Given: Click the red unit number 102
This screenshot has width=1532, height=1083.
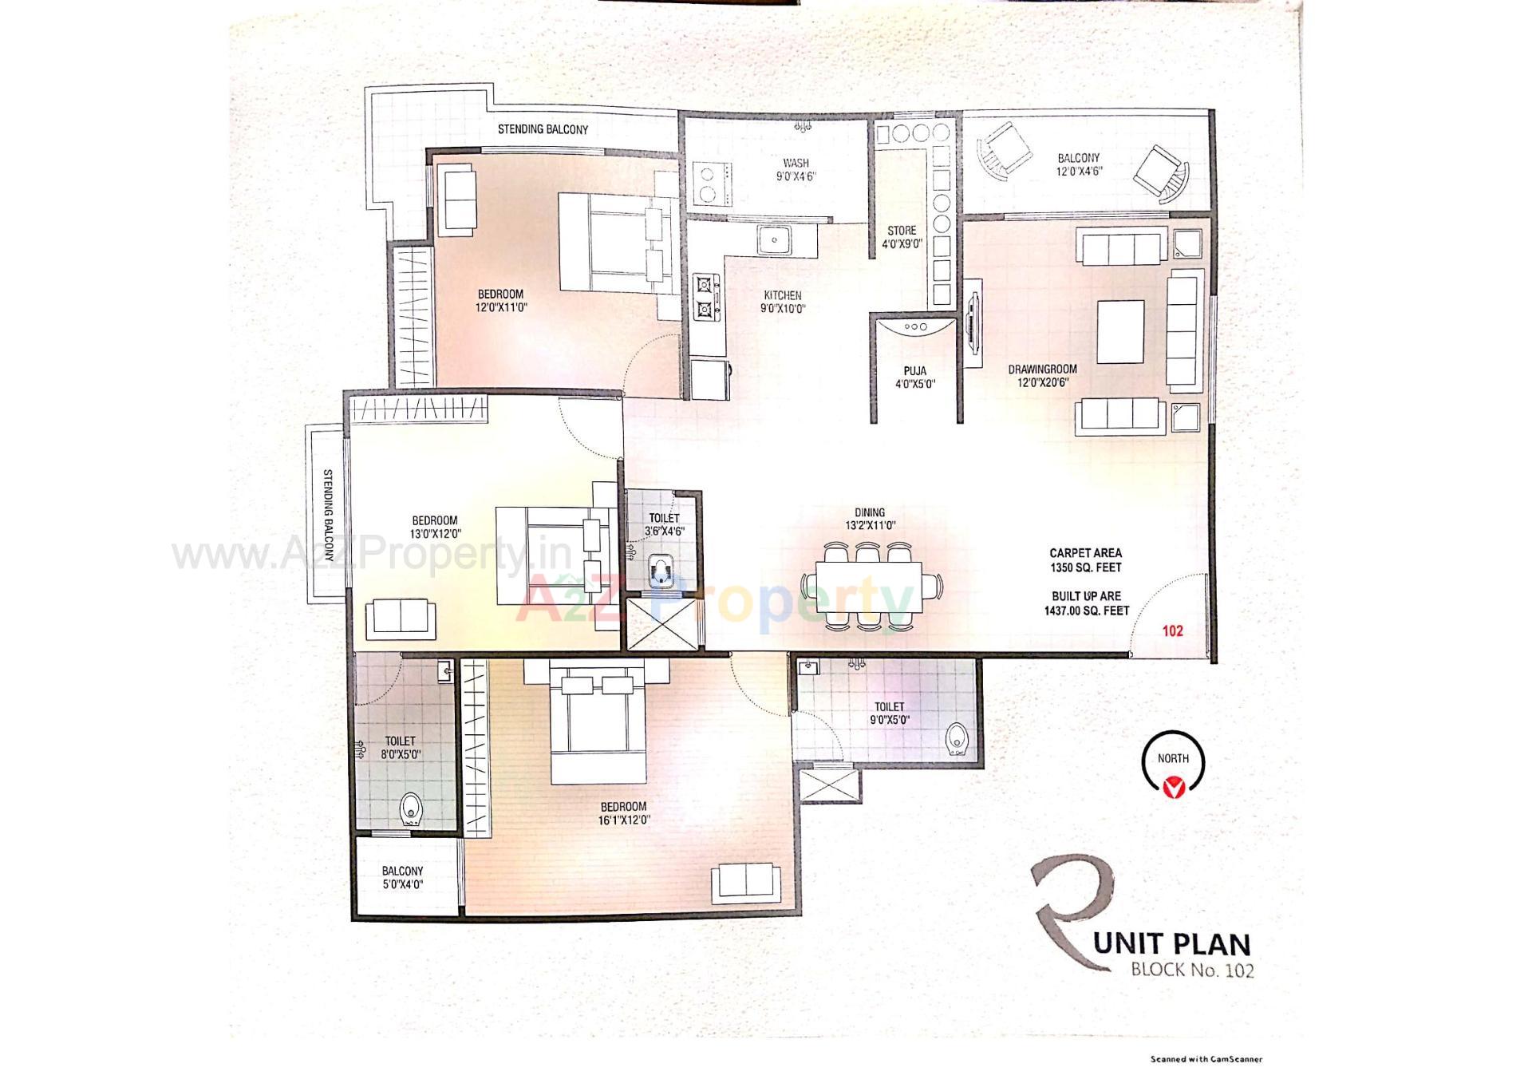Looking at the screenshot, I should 1172,631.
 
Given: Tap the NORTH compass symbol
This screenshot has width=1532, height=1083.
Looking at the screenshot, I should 1172,763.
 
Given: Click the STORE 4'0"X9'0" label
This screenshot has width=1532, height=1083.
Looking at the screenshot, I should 902,237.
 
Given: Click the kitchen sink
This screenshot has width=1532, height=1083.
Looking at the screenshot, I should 773,239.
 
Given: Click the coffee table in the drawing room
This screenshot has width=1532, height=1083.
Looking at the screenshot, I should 1120,331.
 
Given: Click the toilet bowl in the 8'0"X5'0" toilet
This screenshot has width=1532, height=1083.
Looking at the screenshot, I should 410,809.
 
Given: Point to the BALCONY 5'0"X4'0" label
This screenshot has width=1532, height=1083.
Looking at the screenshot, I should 402,878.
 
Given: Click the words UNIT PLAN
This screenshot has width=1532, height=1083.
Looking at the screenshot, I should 1171,944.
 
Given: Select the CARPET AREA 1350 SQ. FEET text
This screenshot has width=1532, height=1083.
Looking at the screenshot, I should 1085,560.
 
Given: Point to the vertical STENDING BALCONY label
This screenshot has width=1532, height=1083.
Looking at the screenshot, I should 328,515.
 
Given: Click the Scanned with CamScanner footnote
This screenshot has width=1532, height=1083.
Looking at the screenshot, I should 1206,1060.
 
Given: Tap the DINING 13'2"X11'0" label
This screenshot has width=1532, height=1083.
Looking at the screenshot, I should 870,519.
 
